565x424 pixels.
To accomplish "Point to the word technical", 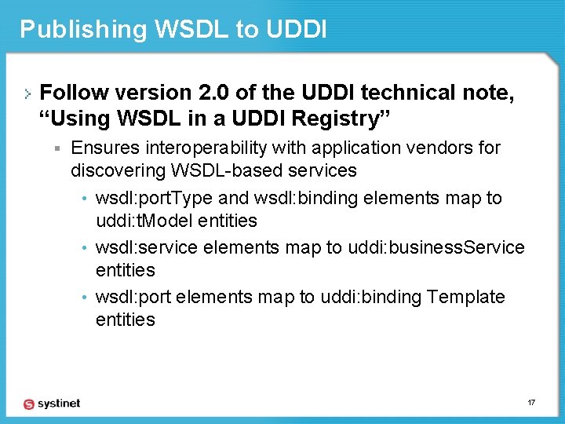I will click(x=414, y=93).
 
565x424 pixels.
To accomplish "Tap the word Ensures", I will click(x=103, y=148).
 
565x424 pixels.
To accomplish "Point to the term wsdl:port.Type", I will click(x=155, y=198).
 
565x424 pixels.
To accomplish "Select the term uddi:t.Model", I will click(x=143, y=221).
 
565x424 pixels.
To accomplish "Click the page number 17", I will click(x=531, y=403).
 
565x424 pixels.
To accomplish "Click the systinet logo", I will click(x=52, y=404).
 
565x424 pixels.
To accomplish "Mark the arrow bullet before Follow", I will click(x=28, y=93).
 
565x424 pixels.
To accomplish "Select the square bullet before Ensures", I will click(x=58, y=148).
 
